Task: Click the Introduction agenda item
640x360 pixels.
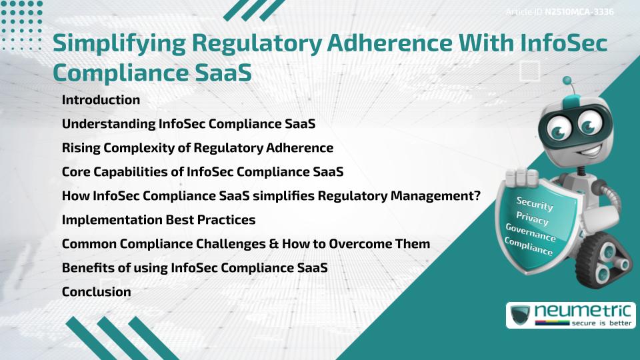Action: pos(101,100)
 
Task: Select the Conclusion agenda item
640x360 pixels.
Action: pos(96,291)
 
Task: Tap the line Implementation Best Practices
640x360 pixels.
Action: pos(159,219)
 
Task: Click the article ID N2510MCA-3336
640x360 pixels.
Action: pos(577,12)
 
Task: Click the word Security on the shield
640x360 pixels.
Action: pos(534,203)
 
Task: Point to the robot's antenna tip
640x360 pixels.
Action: pos(567,81)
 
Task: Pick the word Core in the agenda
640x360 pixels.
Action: pos(75,171)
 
